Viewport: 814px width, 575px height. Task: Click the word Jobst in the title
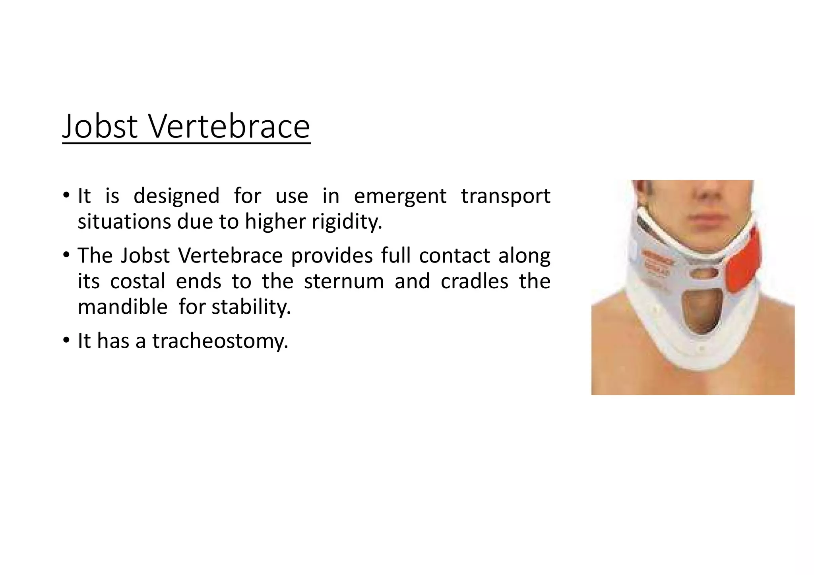[100, 126]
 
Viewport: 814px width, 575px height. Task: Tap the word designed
[176, 196]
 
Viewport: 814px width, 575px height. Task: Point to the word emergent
[400, 197]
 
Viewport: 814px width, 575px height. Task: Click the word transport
[506, 197]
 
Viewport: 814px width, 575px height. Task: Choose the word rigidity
[347, 222]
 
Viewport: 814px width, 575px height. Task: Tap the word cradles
[475, 281]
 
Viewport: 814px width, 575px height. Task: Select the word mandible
[122, 307]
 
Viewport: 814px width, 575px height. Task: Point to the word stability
[251, 307]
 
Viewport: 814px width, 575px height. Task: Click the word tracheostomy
[220, 341]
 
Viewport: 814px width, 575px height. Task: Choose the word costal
[138, 281]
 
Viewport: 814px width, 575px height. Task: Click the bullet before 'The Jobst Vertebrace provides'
[66, 255]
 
